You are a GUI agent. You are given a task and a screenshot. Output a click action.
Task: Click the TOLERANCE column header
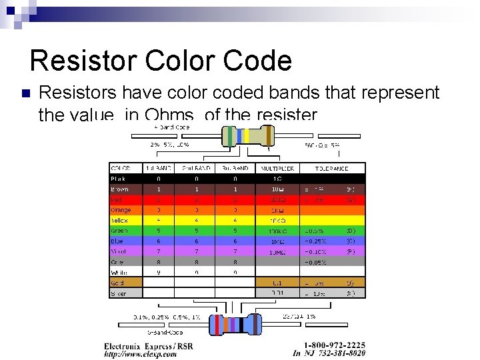331,168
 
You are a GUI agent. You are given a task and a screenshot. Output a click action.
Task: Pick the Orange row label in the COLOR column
121,210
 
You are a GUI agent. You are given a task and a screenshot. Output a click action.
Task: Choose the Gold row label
117,283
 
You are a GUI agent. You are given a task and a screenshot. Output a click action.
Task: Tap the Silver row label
119,293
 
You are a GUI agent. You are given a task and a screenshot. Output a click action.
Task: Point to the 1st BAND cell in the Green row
158,231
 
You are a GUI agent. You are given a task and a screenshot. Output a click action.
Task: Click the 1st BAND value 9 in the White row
158,272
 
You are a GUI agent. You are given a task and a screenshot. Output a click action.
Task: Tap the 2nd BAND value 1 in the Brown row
196,189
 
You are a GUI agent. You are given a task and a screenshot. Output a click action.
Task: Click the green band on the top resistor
231,136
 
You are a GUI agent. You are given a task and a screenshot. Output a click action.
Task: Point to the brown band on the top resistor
270,136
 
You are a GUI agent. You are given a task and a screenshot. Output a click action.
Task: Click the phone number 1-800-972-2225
335,345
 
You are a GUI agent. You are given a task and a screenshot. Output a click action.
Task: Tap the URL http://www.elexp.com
141,355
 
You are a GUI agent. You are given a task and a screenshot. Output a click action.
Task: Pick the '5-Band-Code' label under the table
166,332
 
